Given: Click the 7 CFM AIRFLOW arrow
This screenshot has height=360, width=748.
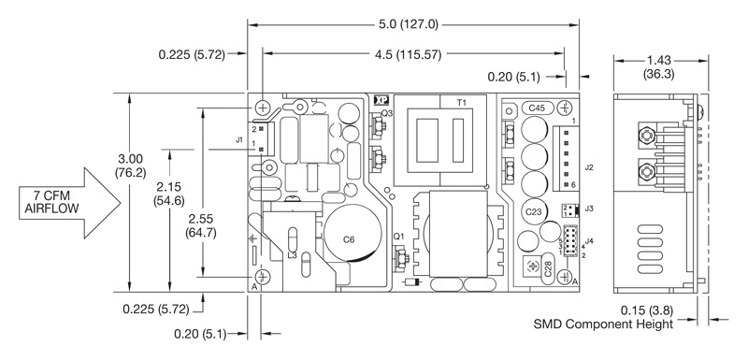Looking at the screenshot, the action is [69, 203].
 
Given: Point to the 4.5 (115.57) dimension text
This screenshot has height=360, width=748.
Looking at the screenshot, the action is [409, 55].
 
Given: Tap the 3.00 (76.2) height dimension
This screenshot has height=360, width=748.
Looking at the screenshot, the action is [130, 166].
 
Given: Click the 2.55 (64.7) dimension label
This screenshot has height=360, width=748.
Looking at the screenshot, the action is [202, 226].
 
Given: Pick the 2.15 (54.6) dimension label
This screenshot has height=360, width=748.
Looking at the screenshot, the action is [169, 194].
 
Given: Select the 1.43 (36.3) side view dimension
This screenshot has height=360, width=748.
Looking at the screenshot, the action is [659, 67].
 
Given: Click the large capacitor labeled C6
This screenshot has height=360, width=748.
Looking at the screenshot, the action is [352, 234].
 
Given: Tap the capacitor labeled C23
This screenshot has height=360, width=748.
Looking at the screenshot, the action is [533, 212].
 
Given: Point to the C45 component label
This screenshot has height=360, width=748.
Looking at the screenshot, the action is [537, 108].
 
